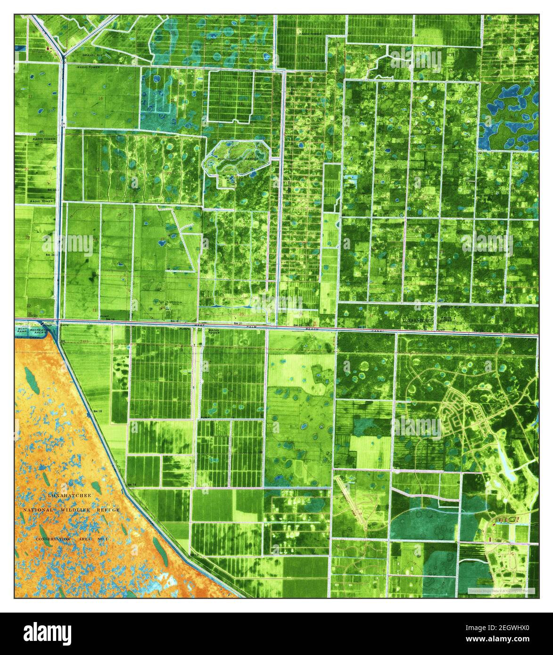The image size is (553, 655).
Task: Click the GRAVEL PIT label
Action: pos(89,55)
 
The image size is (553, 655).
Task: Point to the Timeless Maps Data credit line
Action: pos(501,590)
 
